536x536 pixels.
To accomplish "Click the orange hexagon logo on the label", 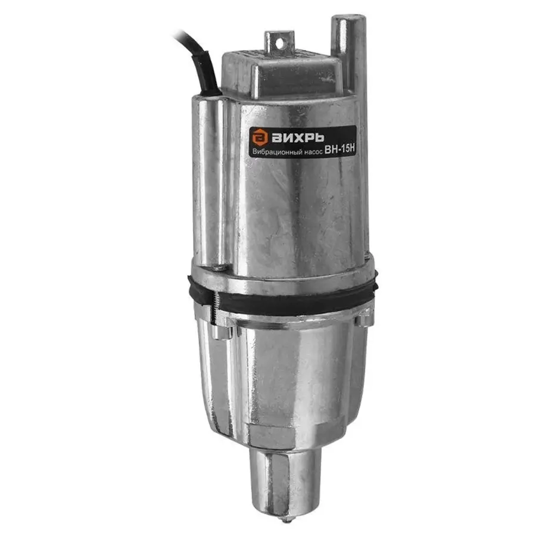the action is (x=260, y=138).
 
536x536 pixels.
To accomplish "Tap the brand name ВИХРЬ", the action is (x=298, y=138).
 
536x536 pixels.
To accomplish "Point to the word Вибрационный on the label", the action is (x=277, y=151).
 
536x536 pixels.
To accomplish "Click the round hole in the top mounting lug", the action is (x=280, y=43).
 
